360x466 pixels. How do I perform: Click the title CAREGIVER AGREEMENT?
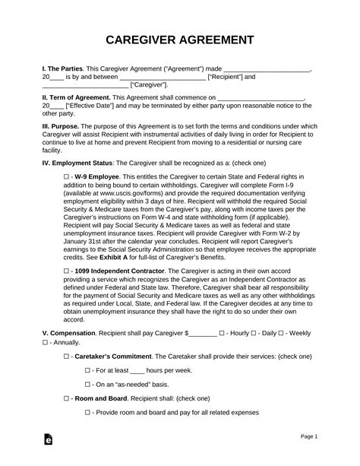point(180,40)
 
